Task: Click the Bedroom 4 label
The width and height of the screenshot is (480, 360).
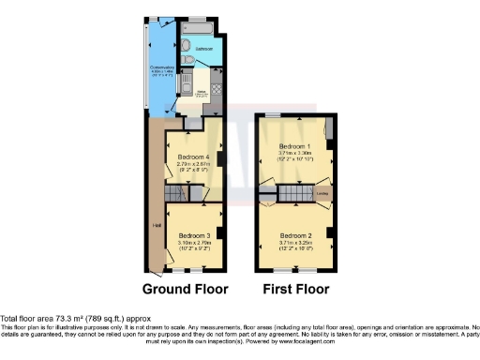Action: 190,158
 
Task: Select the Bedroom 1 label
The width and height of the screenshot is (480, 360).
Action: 295,148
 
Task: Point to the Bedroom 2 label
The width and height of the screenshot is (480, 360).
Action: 295,235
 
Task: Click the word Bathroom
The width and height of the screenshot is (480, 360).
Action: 204,47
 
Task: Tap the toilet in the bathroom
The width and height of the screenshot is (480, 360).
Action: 190,62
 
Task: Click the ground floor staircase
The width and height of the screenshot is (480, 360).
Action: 175,194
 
